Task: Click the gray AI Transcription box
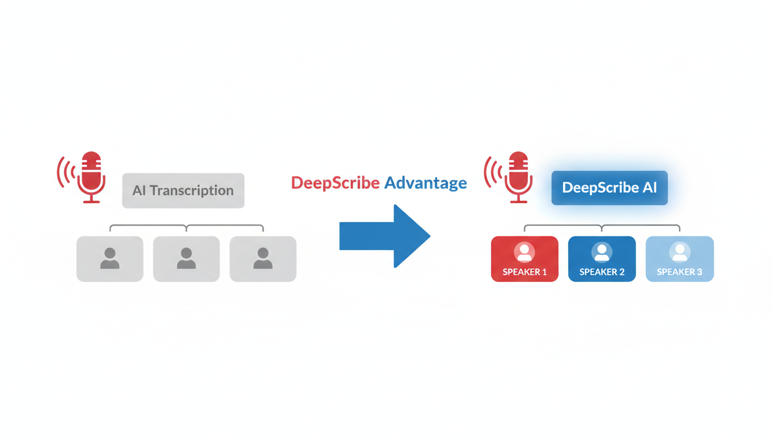[183, 190]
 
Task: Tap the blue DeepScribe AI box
[609, 188]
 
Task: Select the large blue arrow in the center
[384, 236]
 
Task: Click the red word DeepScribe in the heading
[335, 183]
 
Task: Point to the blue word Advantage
[425, 183]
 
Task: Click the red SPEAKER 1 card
[525, 259]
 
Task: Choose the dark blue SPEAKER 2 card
[602, 259]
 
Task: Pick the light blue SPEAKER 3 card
[679, 259]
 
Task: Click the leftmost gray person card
[110, 259]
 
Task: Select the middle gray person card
[186, 259]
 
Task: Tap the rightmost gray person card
[263, 259]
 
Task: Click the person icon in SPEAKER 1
[525, 252]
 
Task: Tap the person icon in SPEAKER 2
[602, 252]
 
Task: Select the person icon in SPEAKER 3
[679, 252]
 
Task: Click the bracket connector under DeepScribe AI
[602, 227]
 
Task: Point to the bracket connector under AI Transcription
[186, 227]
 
